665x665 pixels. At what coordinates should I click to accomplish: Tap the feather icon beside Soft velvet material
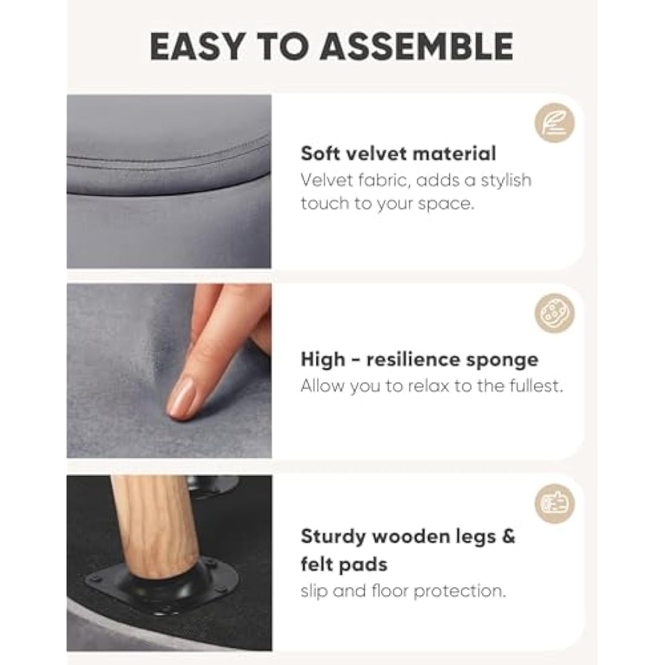click(554, 123)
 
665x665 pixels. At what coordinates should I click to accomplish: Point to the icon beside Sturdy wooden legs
click(554, 504)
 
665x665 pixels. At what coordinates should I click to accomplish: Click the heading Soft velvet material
click(398, 153)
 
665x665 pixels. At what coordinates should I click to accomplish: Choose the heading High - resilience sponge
click(420, 359)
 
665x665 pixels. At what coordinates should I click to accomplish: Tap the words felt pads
click(344, 565)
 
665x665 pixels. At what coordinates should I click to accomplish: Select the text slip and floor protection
click(403, 591)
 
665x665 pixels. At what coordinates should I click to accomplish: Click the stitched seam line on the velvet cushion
click(169, 162)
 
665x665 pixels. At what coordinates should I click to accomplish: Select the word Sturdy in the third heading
click(333, 536)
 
